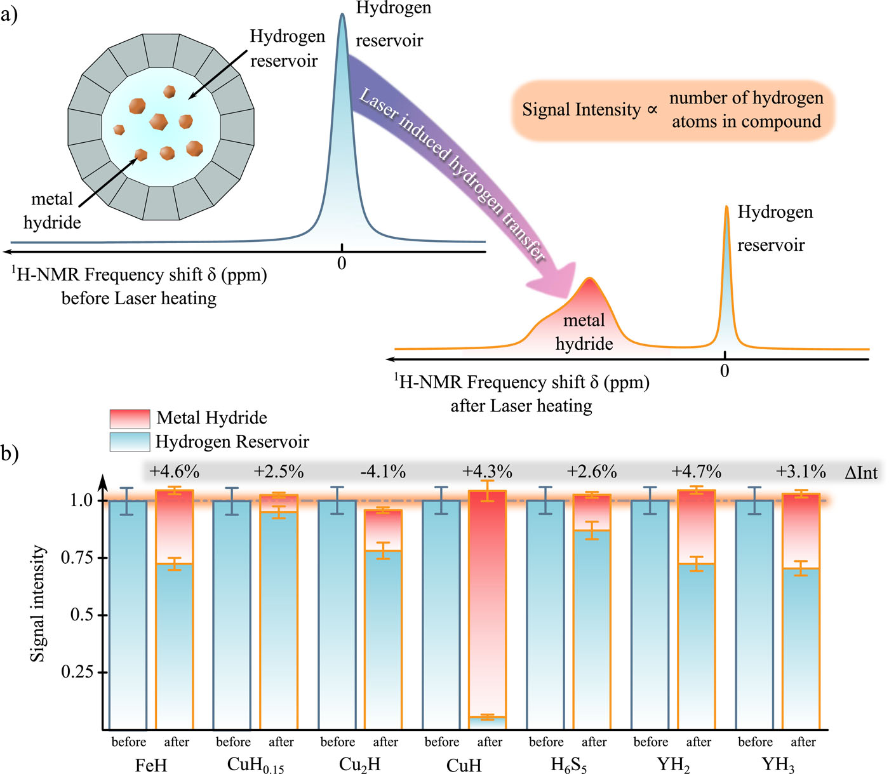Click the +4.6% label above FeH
174,472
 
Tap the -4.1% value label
383,472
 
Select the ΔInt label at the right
861,472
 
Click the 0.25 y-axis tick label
77,672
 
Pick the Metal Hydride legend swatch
130,418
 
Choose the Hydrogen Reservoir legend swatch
130,442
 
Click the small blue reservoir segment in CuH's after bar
487,723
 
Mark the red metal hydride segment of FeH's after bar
174,527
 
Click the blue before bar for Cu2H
337,615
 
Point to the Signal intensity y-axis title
38,604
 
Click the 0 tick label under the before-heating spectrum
342,264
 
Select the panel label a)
9,15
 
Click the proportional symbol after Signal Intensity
652,110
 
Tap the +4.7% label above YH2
697,472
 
